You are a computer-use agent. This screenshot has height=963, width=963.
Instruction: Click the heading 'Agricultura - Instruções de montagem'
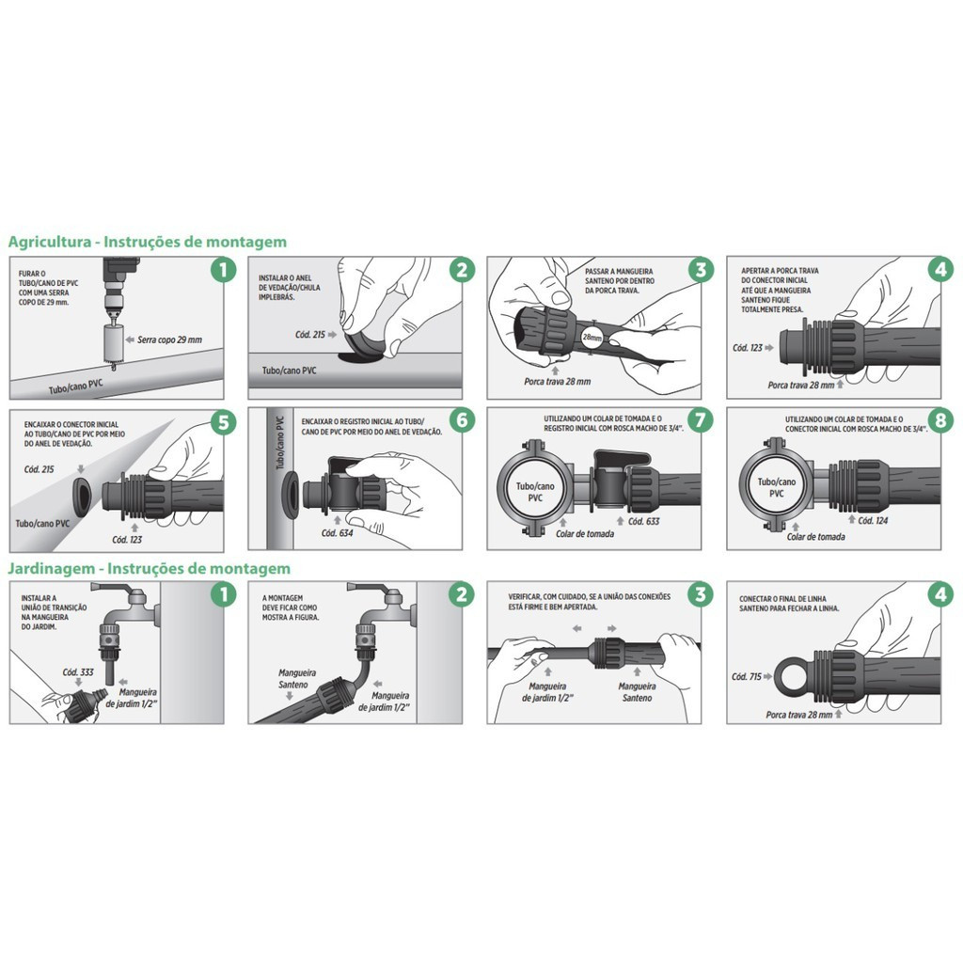(x=148, y=242)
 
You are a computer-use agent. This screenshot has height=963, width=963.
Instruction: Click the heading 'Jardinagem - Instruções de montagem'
(x=150, y=568)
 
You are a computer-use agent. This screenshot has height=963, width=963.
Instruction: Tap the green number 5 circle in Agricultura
(x=223, y=422)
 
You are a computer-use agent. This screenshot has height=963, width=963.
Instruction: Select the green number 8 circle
(x=940, y=420)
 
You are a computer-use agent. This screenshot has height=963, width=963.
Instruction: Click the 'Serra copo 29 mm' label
(x=169, y=339)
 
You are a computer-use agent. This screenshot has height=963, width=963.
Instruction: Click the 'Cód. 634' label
(x=338, y=533)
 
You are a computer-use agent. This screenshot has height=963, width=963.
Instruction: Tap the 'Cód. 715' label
(x=746, y=676)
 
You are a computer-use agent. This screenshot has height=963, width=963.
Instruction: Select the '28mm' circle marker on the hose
(x=592, y=338)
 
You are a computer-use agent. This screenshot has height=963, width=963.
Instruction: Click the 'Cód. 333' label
(x=78, y=671)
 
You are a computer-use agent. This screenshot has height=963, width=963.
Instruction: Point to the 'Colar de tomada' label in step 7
(x=585, y=534)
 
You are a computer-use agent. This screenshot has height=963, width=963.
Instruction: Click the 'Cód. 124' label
(x=873, y=520)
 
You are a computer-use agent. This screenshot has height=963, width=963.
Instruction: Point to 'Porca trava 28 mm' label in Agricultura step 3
(x=557, y=382)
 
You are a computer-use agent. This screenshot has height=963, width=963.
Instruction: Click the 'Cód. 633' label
(x=643, y=521)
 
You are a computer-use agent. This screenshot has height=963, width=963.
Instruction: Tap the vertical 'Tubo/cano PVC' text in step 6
(x=280, y=443)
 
